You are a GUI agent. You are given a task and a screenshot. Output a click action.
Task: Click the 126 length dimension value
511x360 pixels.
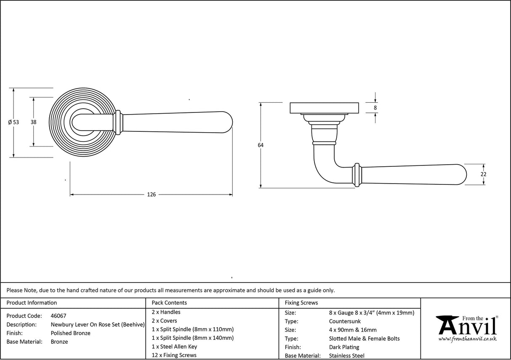[151, 195]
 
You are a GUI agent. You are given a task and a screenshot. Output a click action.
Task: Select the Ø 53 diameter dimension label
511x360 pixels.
[13, 123]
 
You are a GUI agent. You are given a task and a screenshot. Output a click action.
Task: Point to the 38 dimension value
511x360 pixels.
[33, 122]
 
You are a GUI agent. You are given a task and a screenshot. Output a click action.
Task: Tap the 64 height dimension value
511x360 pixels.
[261, 145]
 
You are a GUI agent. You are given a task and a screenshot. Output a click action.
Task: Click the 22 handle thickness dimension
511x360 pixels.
[483, 174]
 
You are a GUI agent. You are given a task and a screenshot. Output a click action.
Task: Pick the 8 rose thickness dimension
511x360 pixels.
[375, 108]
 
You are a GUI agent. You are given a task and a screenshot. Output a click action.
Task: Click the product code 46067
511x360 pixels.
[59, 316]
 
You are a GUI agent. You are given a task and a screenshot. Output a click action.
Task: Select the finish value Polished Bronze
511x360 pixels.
[70, 333]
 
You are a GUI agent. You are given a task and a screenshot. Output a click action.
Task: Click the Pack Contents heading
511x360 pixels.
[169, 303]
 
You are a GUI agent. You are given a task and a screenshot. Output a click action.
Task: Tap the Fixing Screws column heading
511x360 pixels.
[301, 303]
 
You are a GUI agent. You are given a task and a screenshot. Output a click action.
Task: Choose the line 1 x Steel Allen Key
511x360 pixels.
[174, 347]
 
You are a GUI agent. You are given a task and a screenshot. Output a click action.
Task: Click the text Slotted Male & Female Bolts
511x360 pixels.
[364, 339]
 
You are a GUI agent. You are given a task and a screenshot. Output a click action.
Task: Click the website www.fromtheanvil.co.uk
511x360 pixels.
[467, 339]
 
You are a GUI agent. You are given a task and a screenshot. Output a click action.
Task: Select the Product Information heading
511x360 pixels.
[32, 303]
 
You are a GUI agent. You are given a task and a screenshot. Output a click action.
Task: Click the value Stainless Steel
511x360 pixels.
[347, 356]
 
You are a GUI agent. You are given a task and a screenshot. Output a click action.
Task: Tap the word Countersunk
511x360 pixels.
[345, 321]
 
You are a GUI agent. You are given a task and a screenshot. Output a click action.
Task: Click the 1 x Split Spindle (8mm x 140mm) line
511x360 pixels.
[192, 338]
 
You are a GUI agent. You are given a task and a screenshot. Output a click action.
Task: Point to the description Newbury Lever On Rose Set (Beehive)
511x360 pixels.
[98, 325]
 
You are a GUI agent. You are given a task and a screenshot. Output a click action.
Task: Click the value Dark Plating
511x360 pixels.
[344, 347]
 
